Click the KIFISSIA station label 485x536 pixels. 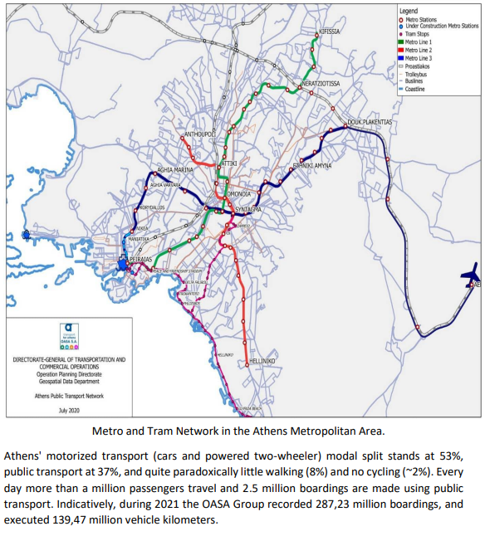point(330,32)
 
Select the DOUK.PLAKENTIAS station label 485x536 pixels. point(369,122)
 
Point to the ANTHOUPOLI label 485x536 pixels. point(199,133)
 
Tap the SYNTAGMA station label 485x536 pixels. point(248,210)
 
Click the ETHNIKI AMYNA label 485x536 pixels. point(311,166)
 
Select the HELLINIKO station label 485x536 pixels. point(262,362)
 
